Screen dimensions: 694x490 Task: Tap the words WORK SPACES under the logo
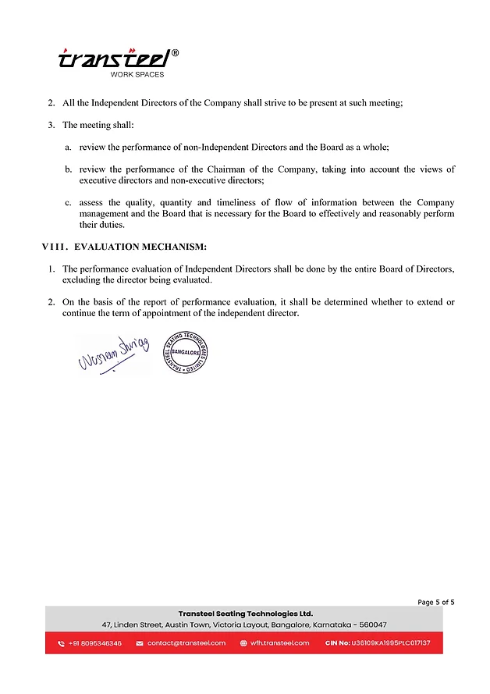[x=137, y=75]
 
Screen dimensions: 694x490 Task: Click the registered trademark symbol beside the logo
[x=175, y=53]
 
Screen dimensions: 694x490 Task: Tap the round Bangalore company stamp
[x=185, y=350]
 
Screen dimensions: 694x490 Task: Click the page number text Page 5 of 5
[x=435, y=602]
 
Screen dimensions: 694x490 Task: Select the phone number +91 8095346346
[x=94, y=643]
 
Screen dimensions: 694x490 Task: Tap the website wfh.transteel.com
[x=279, y=643]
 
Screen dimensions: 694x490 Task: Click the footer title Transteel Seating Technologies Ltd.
[x=245, y=614]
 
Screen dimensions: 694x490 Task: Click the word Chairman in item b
[x=230, y=169]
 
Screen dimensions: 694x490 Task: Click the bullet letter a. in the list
[x=68, y=147]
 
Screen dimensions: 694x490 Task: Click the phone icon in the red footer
[x=62, y=644]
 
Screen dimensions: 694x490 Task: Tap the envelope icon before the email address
[x=140, y=644]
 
